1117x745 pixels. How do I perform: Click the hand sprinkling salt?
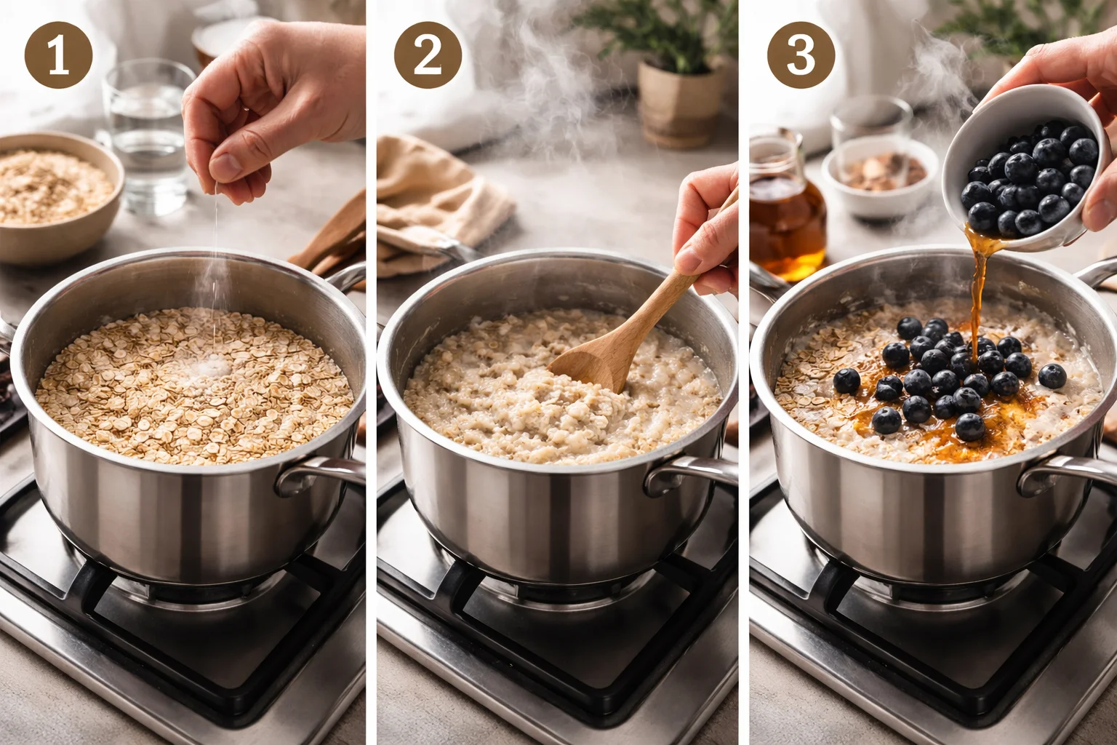(269, 109)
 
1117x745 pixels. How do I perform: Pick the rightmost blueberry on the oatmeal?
(1052, 376)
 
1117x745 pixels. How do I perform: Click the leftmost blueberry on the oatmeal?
(846, 381)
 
